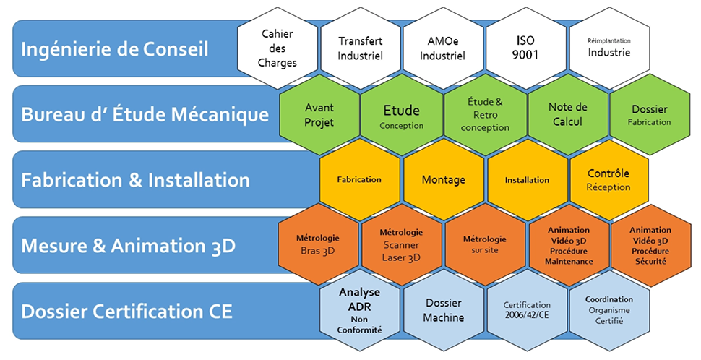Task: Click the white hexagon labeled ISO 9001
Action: (526, 48)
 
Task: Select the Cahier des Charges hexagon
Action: (278, 48)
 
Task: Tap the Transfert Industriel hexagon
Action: (361, 48)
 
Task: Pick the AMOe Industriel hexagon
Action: (443, 48)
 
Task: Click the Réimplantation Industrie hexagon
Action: (609, 48)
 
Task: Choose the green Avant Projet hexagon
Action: (319, 114)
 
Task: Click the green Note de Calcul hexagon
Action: (568, 114)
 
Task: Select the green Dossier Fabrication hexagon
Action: (650, 114)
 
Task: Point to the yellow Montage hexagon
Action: (443, 180)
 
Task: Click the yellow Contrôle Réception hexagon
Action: (609, 180)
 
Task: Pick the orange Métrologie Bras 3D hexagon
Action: (318, 244)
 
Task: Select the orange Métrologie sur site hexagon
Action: (485, 244)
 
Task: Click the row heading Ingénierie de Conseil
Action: (115, 50)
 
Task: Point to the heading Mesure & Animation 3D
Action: (129, 246)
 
